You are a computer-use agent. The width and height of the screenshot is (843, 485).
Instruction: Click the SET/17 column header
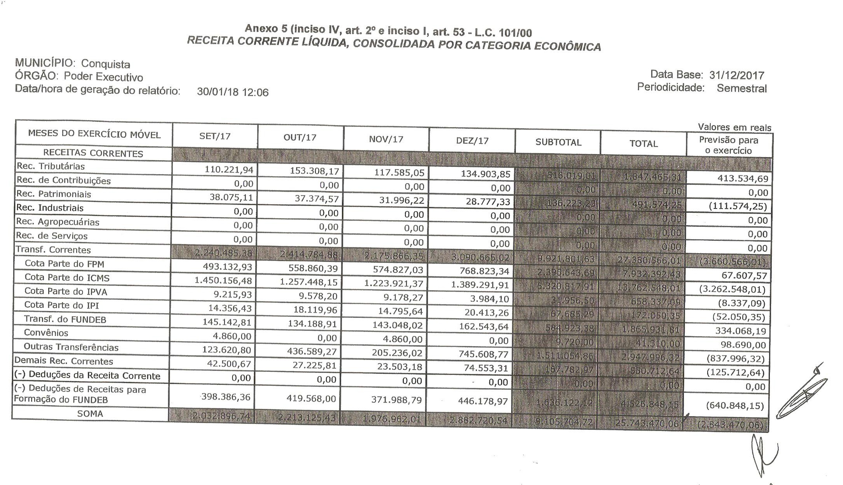click(x=215, y=136)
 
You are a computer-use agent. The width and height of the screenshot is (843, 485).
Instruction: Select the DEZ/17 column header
click(x=472, y=140)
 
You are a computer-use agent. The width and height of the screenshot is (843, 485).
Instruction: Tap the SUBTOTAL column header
click(x=558, y=142)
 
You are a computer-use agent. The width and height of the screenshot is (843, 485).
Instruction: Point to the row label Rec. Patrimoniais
click(x=54, y=194)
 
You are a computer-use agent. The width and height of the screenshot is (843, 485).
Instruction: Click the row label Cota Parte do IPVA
click(x=66, y=291)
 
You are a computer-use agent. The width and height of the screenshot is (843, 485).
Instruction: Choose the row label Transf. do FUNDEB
click(x=65, y=319)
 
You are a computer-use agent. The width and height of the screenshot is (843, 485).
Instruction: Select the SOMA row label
click(x=90, y=414)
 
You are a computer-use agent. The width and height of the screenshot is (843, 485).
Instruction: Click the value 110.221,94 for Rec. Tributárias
click(x=229, y=170)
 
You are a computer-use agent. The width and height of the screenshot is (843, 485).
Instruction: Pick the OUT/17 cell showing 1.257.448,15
click(x=309, y=282)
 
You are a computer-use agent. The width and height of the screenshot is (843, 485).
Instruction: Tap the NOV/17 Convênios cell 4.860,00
click(x=402, y=339)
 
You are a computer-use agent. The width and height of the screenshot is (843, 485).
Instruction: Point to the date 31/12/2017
click(x=736, y=75)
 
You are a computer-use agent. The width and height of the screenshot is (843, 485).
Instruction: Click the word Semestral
click(x=741, y=88)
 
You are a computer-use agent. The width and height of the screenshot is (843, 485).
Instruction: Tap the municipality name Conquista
click(x=105, y=64)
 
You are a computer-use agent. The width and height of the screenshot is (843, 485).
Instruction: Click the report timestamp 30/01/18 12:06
click(x=233, y=92)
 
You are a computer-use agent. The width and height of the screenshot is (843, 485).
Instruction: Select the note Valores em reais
click(x=734, y=127)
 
